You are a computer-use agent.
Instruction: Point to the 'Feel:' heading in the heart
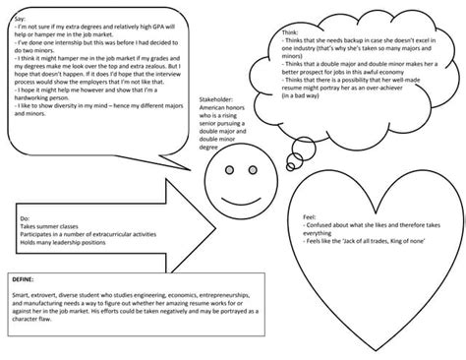[308, 214]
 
